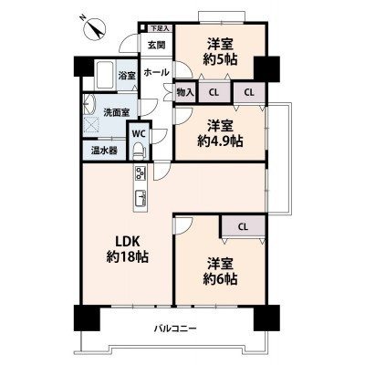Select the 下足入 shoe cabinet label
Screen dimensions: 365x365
coord(160,29)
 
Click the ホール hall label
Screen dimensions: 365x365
coord(155,70)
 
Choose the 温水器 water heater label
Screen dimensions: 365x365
coord(102,151)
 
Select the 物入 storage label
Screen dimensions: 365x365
coord(184,91)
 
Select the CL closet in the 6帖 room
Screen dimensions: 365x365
coord(244,226)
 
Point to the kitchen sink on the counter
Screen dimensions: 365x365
coord(141,199)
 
